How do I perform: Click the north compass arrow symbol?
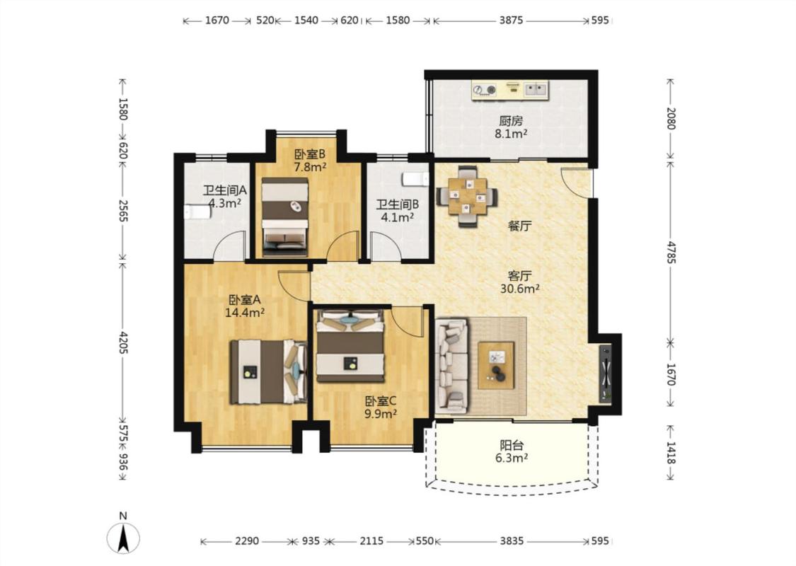123,538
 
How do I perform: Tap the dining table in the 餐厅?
467,196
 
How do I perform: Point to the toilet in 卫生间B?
415,179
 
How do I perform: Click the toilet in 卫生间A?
197,211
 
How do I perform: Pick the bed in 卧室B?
285,216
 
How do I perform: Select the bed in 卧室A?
269,372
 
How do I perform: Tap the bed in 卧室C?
350,345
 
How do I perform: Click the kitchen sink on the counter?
536,89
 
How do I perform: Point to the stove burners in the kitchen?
484,91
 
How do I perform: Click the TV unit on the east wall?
606,373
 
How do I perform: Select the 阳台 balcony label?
511,446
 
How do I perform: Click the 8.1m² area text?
511,134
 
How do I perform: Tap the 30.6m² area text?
520,289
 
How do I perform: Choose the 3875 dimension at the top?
511,21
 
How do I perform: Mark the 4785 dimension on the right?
671,253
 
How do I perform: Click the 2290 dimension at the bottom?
247,541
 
